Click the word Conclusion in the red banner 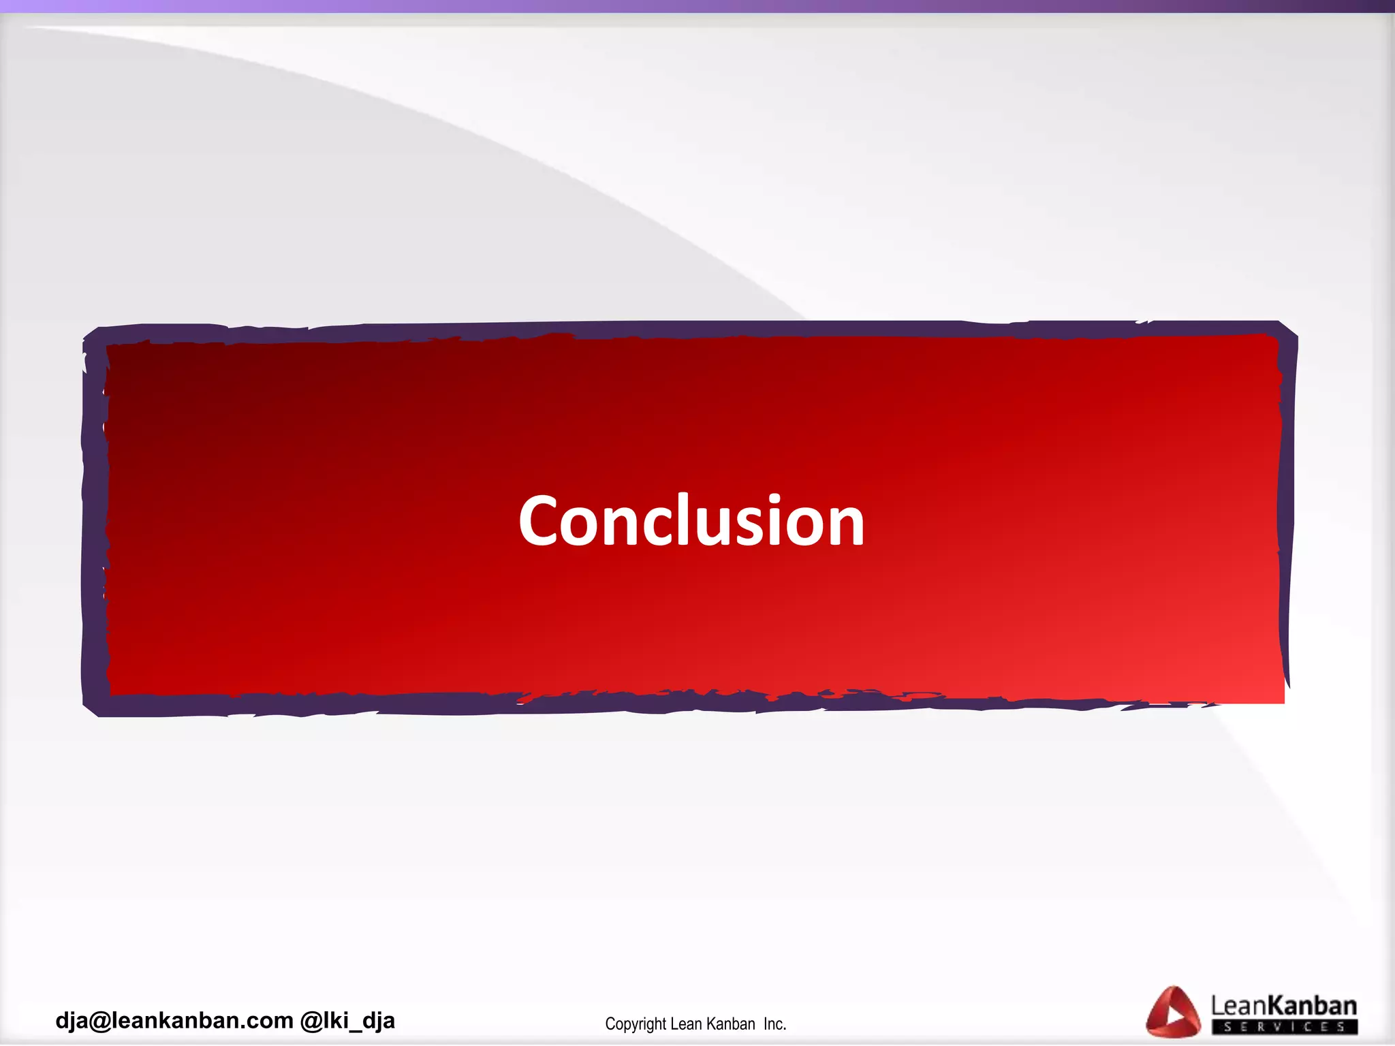tap(691, 521)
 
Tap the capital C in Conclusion tap(542, 521)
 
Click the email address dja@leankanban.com tap(174, 1020)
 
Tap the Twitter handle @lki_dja tap(347, 1020)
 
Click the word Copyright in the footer tap(635, 1024)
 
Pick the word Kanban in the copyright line tap(730, 1024)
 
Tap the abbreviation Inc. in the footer tap(774, 1024)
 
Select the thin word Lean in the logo tap(1238, 1006)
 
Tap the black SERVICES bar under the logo tap(1284, 1026)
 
